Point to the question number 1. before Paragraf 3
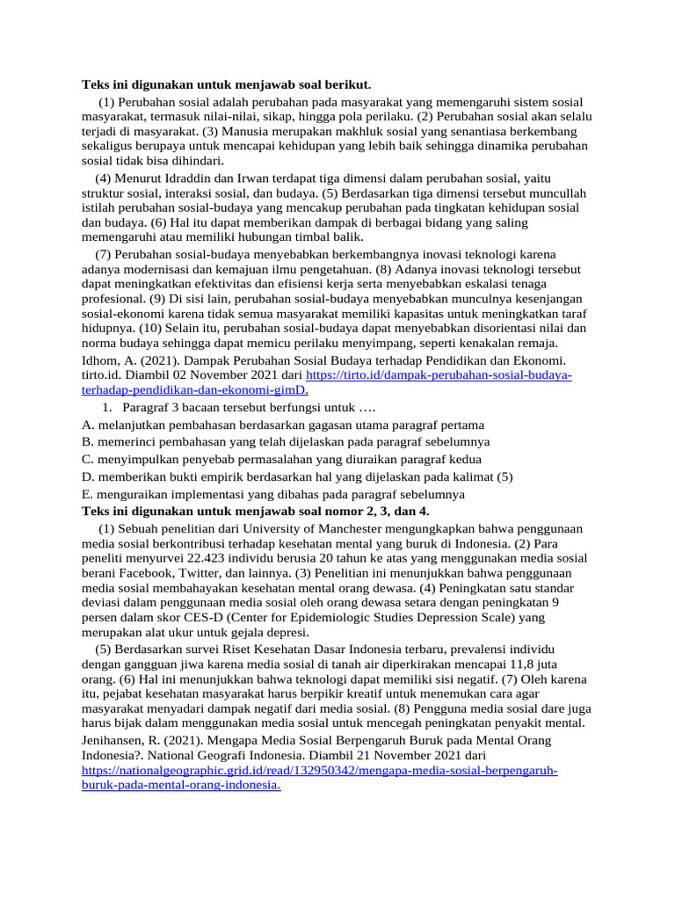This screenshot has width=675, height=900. pyautogui.click(x=106, y=408)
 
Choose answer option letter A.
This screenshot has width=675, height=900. pyautogui.click(x=87, y=425)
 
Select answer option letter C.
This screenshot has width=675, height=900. pyautogui.click(x=87, y=459)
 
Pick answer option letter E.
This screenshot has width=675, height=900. pyautogui.click(x=87, y=494)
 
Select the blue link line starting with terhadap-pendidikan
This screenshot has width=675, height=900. pyautogui.click(x=195, y=390)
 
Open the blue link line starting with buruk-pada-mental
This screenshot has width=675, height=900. pyautogui.click(x=181, y=786)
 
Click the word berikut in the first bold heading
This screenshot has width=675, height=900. pyautogui.click(x=349, y=85)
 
